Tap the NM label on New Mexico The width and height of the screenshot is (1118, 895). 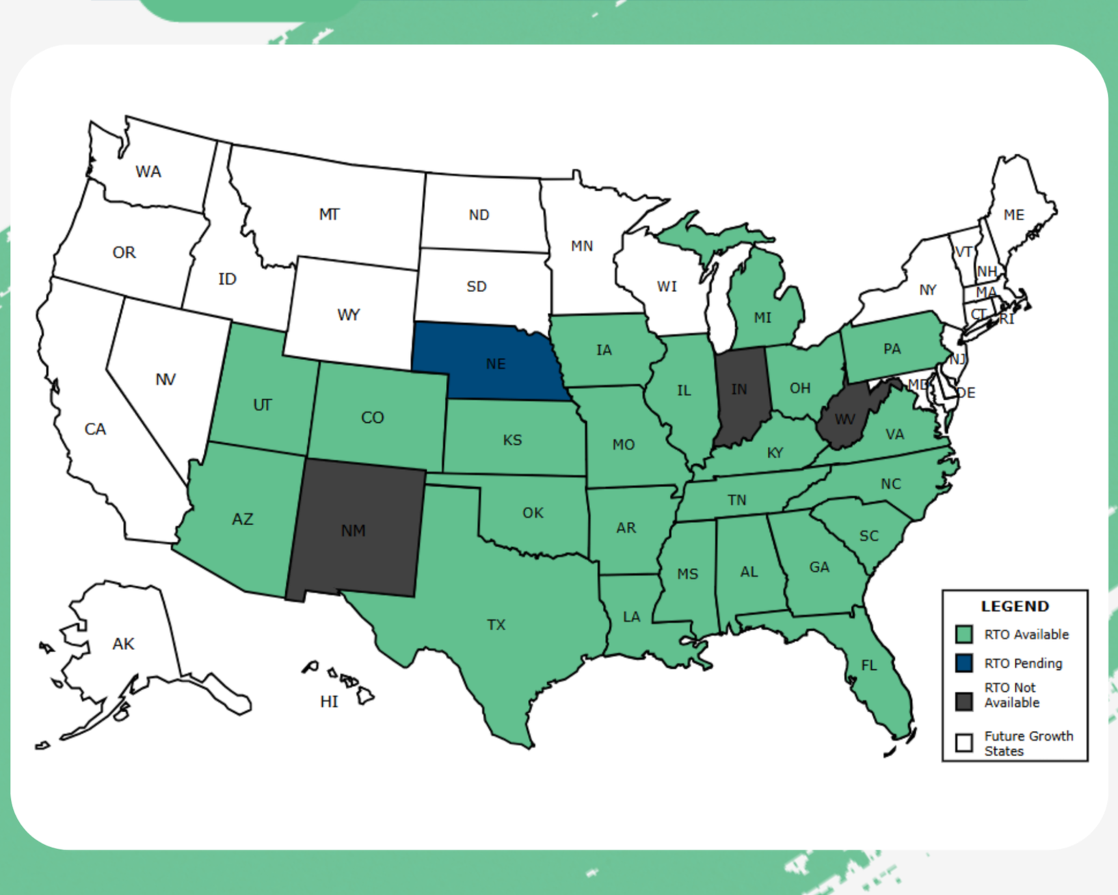pyautogui.click(x=353, y=530)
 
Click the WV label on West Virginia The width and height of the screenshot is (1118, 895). pyautogui.click(x=844, y=419)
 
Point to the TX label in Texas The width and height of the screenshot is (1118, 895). pyautogui.click(x=496, y=625)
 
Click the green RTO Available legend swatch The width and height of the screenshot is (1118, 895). pyautogui.click(x=963, y=634)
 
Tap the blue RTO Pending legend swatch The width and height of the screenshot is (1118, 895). pyautogui.click(x=963, y=663)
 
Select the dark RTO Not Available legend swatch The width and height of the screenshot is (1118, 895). pyautogui.click(x=963, y=701)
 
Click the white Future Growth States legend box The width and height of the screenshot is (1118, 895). pyautogui.click(x=963, y=743)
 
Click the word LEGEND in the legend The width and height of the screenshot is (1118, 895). pyautogui.click(x=1015, y=606)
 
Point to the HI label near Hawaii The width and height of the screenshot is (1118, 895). pyautogui.click(x=329, y=701)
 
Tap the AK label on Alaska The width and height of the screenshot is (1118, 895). pyautogui.click(x=123, y=644)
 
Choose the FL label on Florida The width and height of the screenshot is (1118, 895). pyautogui.click(x=868, y=665)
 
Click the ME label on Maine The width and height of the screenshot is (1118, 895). pyautogui.click(x=1013, y=215)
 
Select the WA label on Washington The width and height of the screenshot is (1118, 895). pyautogui.click(x=148, y=172)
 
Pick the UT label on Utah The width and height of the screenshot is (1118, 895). pyautogui.click(x=262, y=405)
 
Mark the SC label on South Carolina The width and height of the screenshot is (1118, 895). pyautogui.click(x=868, y=536)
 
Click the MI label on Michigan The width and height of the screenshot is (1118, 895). pyautogui.click(x=762, y=317)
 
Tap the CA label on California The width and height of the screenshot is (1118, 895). pyautogui.click(x=95, y=429)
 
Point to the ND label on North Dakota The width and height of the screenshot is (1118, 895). pyautogui.click(x=479, y=215)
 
